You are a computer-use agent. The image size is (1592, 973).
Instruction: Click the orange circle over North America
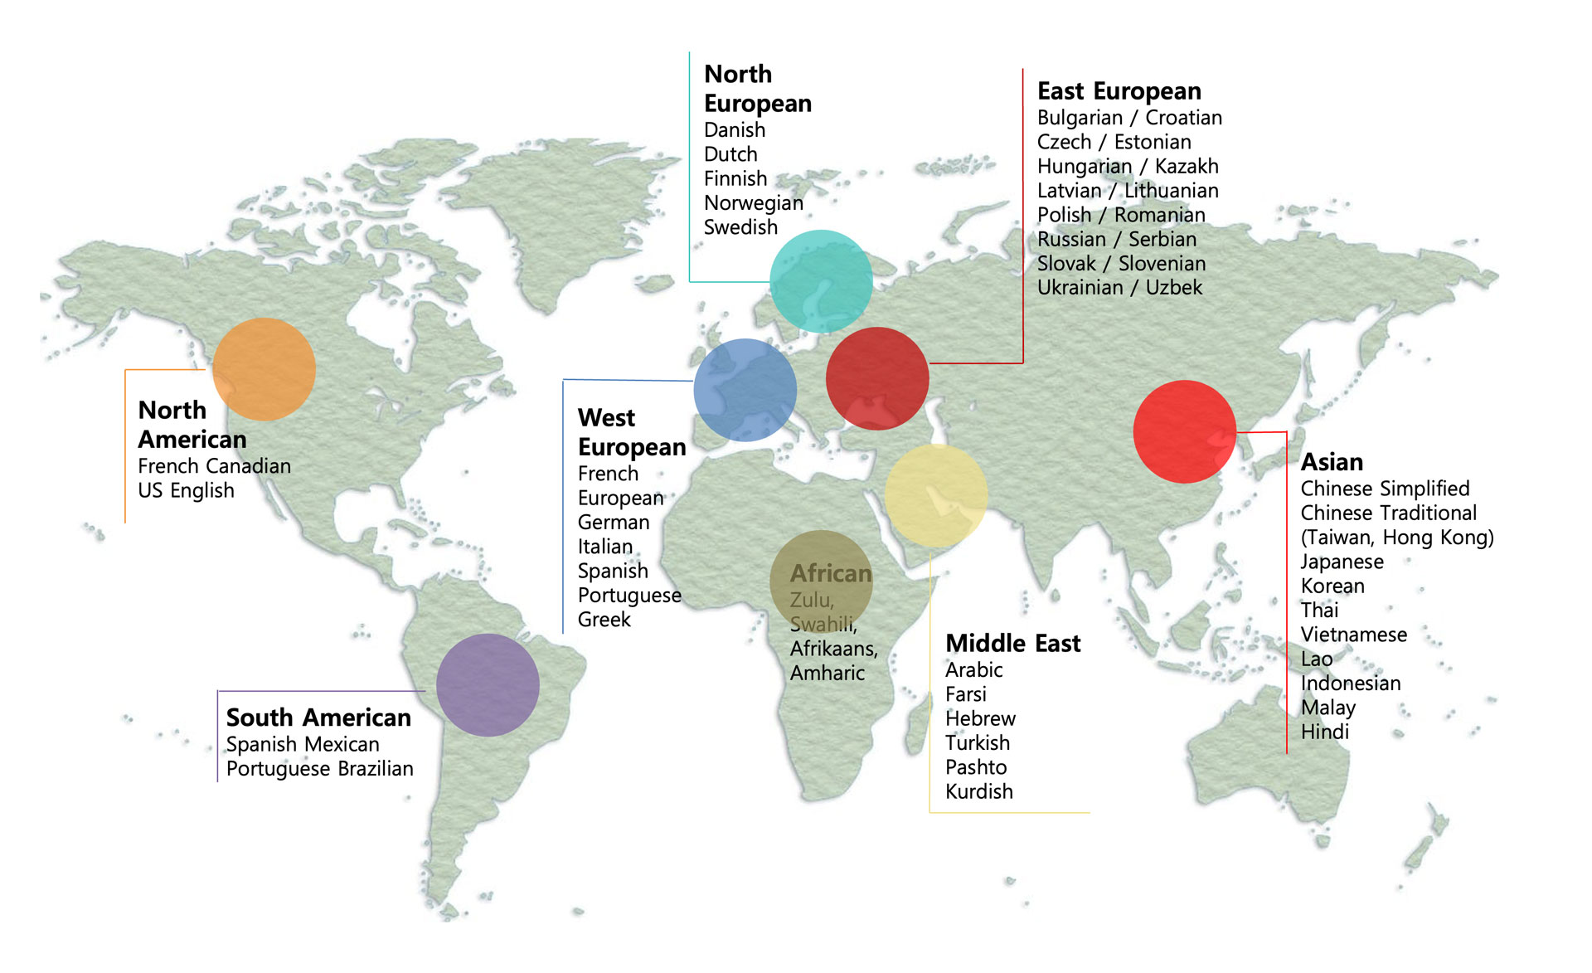point(264,369)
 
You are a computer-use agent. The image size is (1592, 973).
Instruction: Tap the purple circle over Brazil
point(488,685)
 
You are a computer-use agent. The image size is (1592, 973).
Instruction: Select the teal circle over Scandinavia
point(821,281)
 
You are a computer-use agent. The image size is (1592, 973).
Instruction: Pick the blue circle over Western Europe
point(745,390)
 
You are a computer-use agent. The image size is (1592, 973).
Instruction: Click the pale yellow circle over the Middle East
point(935,495)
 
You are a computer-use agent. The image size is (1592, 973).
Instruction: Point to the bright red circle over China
point(1184,431)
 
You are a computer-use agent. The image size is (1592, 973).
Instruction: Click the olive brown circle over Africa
point(821,581)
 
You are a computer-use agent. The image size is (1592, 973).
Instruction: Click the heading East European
point(1119,90)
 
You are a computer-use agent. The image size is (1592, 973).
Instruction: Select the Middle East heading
point(1012,643)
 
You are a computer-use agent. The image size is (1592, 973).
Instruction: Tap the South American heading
point(318,717)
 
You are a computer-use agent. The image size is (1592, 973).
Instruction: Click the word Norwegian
point(753,203)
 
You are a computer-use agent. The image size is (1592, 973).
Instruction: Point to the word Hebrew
point(980,718)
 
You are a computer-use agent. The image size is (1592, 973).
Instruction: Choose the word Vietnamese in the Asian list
point(1353,635)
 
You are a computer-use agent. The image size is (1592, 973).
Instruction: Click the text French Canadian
point(214,466)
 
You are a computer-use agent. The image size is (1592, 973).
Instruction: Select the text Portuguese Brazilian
point(319,769)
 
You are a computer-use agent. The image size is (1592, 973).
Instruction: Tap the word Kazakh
point(1187,166)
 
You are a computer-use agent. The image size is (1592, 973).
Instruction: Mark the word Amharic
point(827,673)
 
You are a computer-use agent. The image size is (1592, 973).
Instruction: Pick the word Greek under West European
point(604,620)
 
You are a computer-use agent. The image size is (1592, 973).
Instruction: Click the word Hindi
point(1324,732)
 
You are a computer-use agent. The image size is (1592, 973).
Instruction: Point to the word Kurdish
point(978,791)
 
